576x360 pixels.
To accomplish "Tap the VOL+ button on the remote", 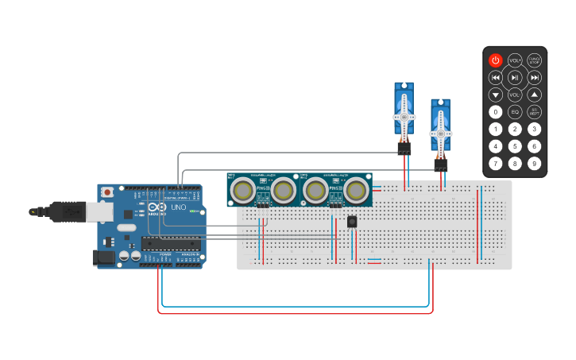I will [x=515, y=60].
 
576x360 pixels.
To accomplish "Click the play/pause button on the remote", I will [x=515, y=77].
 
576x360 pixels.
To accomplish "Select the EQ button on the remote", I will [x=515, y=112].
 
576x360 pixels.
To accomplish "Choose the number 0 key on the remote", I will [x=495, y=112].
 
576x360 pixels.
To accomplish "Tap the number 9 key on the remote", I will [x=535, y=164].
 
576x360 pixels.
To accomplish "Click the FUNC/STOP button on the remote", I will [x=535, y=60].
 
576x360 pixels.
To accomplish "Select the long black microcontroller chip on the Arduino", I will [x=170, y=242].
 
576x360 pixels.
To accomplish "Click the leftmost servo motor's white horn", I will [x=404, y=116].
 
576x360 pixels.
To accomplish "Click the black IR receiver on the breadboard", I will [x=352, y=222].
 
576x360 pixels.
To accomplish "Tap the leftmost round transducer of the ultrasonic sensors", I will [x=242, y=190].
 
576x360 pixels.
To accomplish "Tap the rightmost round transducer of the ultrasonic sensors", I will [x=356, y=190].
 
